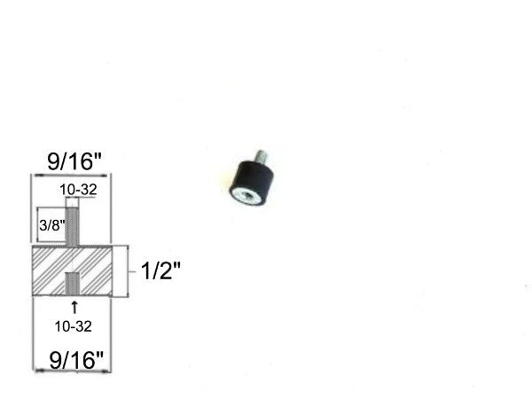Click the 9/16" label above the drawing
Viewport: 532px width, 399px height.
point(74,161)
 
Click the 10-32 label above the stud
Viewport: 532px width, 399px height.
point(78,189)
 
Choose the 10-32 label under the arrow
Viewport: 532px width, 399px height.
point(73,326)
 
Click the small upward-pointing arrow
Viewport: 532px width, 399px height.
point(73,307)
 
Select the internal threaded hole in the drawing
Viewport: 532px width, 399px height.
point(72,284)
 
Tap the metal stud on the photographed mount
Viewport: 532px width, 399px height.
point(261,160)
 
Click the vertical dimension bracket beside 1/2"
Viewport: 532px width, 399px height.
point(128,270)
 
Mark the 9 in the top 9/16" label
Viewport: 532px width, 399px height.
point(53,161)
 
